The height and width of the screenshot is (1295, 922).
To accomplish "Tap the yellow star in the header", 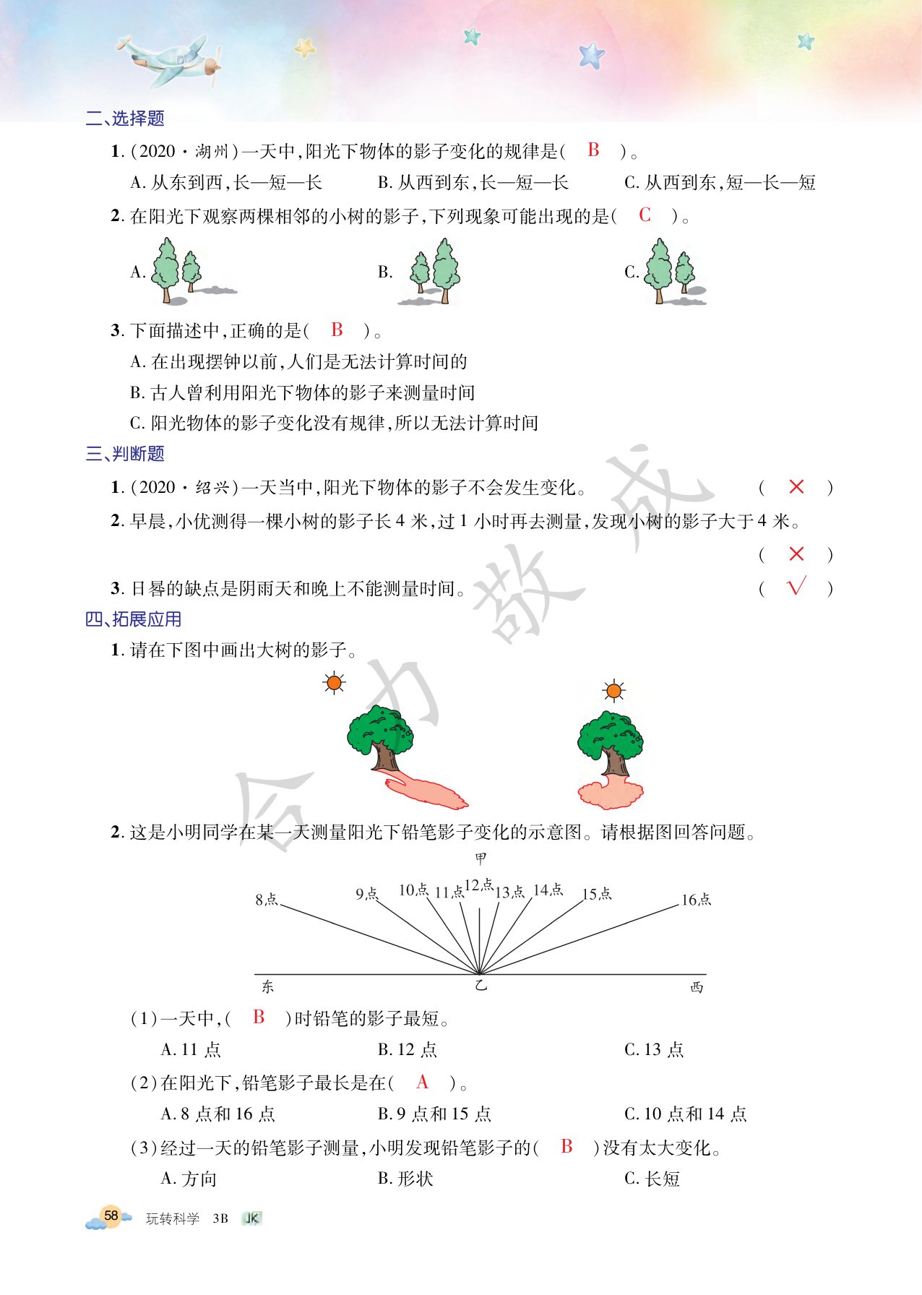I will [x=306, y=48].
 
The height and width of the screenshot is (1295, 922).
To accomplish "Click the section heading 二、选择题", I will [x=125, y=119].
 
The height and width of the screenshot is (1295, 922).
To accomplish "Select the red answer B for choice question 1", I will [x=593, y=150].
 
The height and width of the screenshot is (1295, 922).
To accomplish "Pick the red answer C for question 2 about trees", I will [x=645, y=215].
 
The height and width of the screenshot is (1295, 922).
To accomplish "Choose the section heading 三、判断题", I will [x=125, y=454].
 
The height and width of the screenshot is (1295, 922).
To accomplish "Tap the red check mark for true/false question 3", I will [x=796, y=587].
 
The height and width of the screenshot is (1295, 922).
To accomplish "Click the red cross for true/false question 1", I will [x=796, y=487].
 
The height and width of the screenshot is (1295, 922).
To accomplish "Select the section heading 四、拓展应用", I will [x=134, y=619].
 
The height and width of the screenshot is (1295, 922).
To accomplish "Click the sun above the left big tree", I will [x=334, y=682].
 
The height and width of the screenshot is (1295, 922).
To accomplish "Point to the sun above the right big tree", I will [x=613, y=692].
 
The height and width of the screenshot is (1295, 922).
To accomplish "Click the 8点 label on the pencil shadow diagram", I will [x=267, y=900].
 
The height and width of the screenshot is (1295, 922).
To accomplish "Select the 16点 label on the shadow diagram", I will [x=697, y=900].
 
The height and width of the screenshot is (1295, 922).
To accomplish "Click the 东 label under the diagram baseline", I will [x=267, y=986].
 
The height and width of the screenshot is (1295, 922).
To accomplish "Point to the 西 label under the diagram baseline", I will [x=697, y=987].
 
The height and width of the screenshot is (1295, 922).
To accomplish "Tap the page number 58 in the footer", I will [x=111, y=1216].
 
